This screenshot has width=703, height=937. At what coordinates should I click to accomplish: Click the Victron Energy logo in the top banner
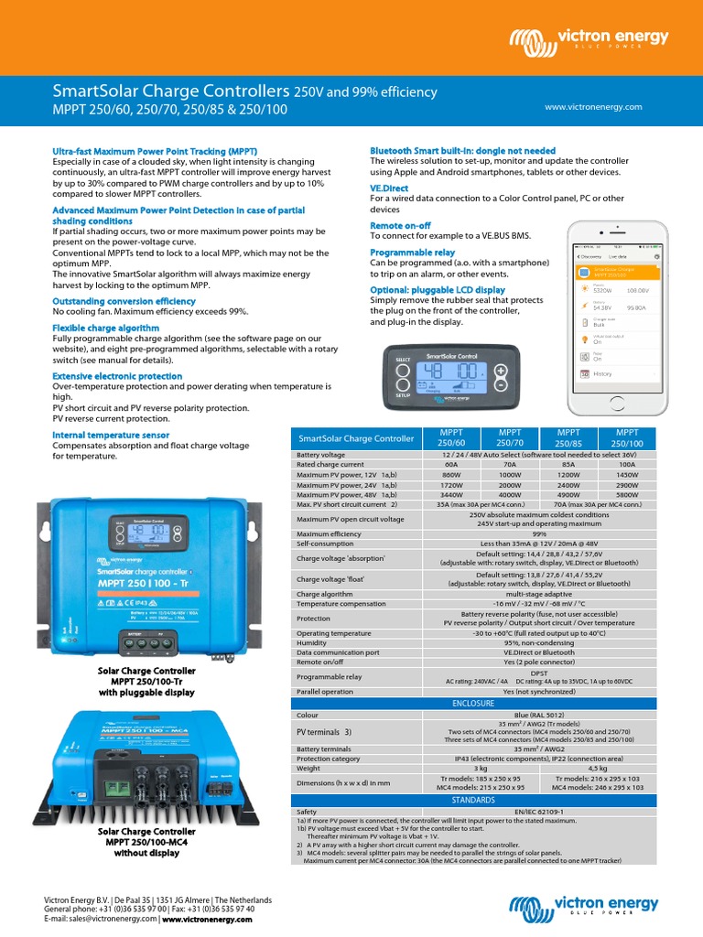click(589, 39)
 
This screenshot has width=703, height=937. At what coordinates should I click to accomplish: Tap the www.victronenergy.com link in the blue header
click(593, 106)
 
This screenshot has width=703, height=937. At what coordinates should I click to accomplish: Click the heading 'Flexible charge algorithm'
click(105, 327)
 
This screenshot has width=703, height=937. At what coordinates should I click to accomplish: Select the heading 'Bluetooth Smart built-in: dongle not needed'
click(462, 150)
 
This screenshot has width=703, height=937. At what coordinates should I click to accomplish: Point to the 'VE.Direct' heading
click(389, 188)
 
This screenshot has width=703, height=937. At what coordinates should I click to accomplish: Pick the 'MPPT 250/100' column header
click(627, 436)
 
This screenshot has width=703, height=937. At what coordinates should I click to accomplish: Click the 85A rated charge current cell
click(568, 464)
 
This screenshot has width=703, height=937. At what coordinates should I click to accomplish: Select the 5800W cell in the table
click(627, 493)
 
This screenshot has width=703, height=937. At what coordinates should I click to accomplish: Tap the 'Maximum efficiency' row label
click(329, 533)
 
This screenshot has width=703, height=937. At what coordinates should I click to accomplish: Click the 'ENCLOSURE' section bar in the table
click(473, 703)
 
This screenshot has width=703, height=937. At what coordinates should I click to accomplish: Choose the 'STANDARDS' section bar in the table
click(473, 800)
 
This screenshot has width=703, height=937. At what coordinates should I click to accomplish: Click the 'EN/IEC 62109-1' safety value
click(473, 812)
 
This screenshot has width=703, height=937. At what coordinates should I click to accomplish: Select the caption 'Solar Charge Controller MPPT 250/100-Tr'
click(147, 681)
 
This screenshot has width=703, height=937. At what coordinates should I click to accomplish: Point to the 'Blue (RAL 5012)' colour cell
click(473, 714)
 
